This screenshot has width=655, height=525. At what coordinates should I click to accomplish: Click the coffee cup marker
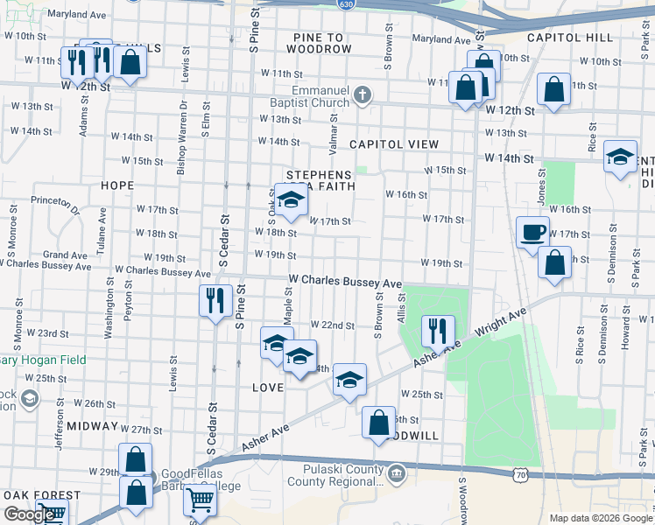click(x=532, y=234)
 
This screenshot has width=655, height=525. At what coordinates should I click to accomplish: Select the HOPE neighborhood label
click(x=117, y=185)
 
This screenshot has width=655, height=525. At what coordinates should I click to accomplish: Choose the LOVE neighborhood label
click(x=268, y=387)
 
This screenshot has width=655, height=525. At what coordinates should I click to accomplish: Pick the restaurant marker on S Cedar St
click(x=215, y=301)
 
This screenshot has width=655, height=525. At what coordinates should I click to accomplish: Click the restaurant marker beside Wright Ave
click(x=437, y=332)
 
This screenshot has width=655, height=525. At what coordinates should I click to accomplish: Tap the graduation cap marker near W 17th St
click(x=292, y=199)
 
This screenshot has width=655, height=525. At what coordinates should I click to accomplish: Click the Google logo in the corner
click(x=29, y=514)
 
